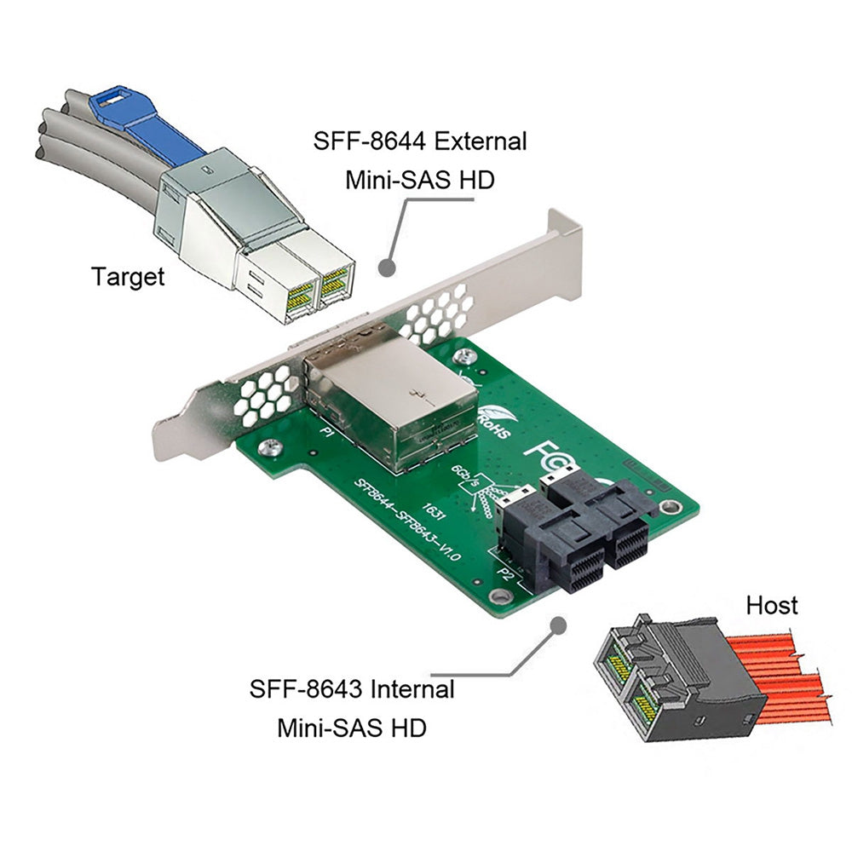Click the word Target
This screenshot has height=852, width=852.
[x=128, y=276]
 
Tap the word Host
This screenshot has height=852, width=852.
[x=772, y=605]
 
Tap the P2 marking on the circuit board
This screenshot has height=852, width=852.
[x=504, y=573]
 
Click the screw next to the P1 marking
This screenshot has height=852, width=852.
[x=272, y=445]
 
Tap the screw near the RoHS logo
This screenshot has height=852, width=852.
[x=464, y=355]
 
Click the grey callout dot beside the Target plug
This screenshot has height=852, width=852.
[x=388, y=267]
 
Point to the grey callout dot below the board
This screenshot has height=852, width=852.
[x=559, y=625]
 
